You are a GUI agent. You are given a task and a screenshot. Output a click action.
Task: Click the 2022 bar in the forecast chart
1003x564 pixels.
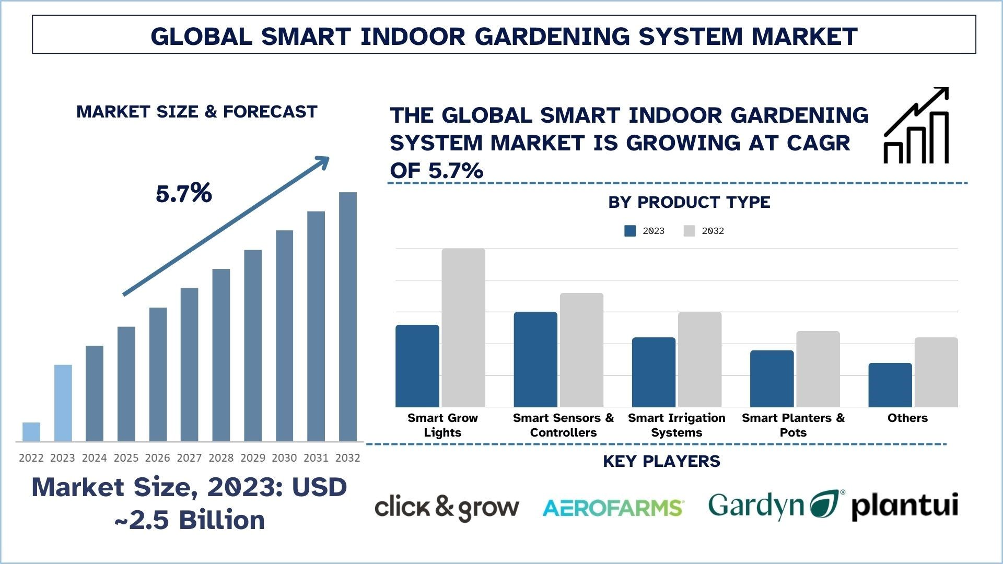[x=31, y=432]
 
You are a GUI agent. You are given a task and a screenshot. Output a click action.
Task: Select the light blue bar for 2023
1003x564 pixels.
[x=63, y=403]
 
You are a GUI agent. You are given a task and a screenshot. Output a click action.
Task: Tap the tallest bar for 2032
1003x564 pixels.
[x=348, y=316]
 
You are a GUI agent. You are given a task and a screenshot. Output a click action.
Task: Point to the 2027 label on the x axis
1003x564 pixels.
[x=189, y=458]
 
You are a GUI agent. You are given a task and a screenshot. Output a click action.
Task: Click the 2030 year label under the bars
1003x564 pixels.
[x=284, y=458]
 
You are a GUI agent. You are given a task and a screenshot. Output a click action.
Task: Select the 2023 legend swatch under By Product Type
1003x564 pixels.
[x=630, y=231]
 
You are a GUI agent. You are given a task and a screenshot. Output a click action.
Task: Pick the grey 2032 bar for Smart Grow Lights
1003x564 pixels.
[x=463, y=328]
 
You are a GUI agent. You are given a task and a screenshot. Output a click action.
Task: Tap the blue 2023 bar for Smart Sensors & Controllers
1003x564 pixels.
[x=535, y=360]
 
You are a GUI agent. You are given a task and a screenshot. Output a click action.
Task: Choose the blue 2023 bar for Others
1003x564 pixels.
[x=890, y=385]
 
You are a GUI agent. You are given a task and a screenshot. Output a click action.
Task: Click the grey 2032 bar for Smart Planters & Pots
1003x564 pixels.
[x=818, y=369]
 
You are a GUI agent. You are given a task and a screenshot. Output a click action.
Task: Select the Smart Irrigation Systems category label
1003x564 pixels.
[x=677, y=425]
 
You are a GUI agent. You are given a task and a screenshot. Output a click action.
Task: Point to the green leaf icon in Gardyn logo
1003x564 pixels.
[x=827, y=504]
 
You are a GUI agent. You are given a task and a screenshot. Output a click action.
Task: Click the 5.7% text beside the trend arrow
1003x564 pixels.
[x=184, y=194]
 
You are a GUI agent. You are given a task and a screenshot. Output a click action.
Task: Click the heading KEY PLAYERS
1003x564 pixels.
[x=661, y=461]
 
